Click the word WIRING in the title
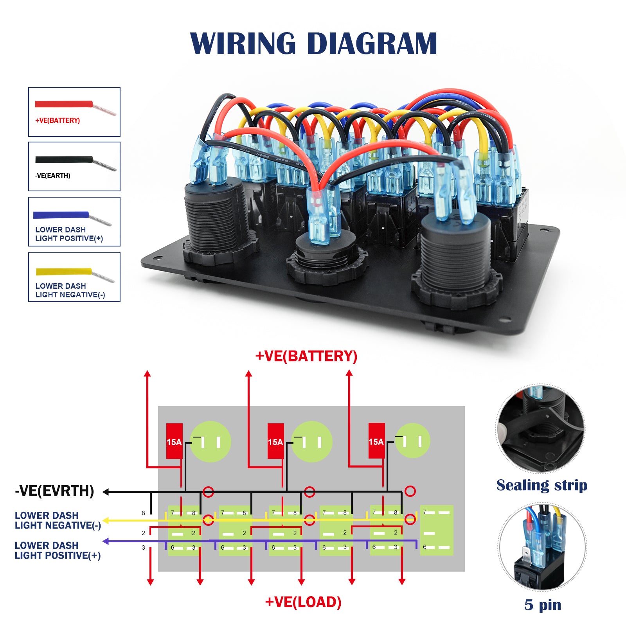coord(243,43)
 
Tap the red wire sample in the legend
coord(64,104)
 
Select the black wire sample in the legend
coord(64,159)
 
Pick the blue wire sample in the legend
coord(61,215)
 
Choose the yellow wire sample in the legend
coord(64,271)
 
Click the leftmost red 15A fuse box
coord(174,441)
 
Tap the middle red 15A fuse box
coord(275,441)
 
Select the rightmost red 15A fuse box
coord(376,441)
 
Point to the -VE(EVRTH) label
coord(54,491)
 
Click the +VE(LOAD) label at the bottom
coord(303,602)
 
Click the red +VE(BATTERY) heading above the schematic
coord(306,356)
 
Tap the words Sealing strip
coord(542,485)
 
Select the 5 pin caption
coord(543,604)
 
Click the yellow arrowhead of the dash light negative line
coord(105,521)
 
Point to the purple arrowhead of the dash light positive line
coord(105,541)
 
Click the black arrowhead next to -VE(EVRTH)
coord(106,492)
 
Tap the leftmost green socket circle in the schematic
coord(210,441)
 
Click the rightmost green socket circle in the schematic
coord(412,441)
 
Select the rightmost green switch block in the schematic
coord(437,530)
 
